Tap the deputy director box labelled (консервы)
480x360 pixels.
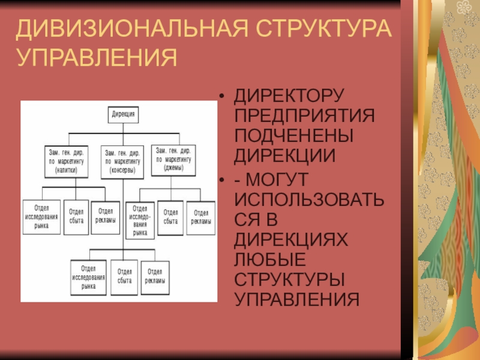point(123,160)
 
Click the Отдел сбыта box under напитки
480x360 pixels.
point(76,216)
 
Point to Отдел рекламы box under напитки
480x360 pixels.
point(105,215)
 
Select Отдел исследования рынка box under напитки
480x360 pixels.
point(41,216)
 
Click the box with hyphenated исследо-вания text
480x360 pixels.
point(140,220)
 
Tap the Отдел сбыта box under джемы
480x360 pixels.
point(171,217)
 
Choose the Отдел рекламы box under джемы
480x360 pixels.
point(201,217)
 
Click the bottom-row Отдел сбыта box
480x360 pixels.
point(124,276)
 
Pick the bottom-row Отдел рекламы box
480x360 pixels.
point(154,276)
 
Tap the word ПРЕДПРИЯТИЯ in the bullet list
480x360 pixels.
point(304,116)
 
